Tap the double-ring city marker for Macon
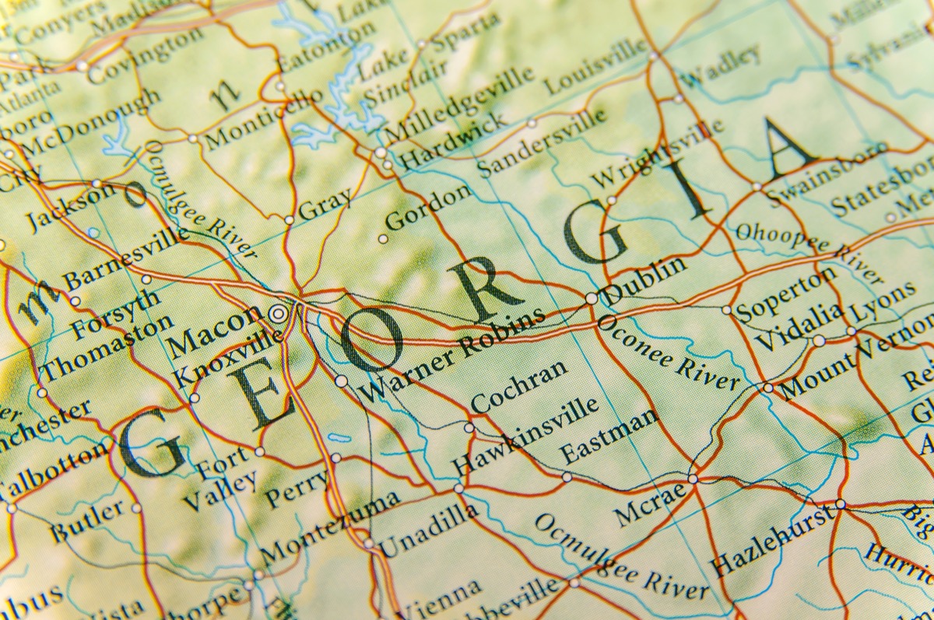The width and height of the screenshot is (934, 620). point(278,314)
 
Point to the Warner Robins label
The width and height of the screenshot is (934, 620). point(454,354)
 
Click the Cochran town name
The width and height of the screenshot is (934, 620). point(519,387)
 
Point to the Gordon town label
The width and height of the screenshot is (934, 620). point(428,208)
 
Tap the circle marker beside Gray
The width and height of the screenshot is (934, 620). point(289,220)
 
